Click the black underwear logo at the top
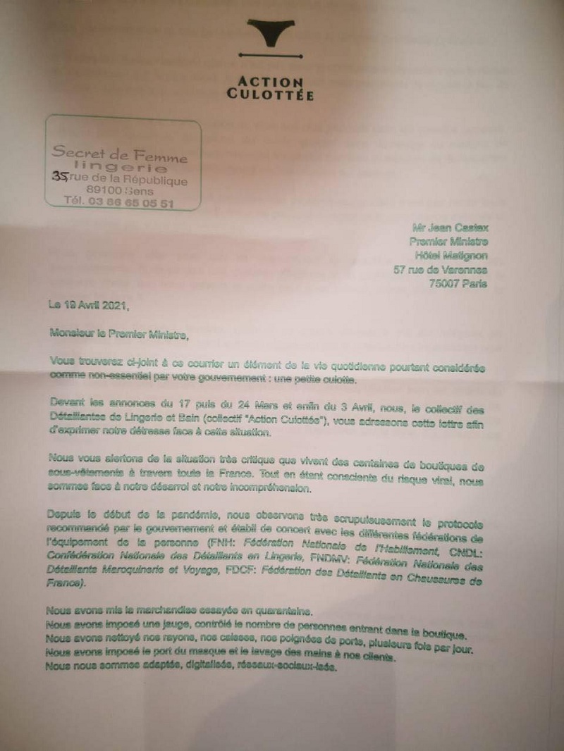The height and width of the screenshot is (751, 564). point(271,32)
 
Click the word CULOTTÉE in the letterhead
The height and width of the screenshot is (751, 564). point(271,94)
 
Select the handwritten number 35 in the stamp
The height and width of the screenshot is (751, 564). point(61,180)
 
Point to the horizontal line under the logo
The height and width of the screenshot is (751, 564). point(271,54)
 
